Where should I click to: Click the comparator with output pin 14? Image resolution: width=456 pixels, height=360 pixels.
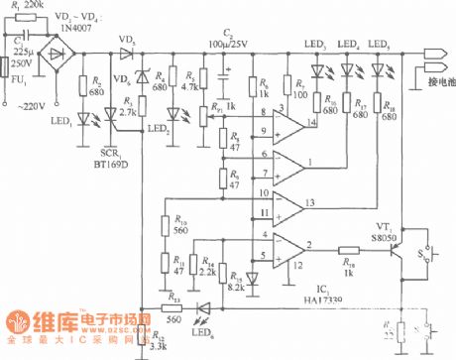[287, 121]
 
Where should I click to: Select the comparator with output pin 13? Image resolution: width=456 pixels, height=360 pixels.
[287, 203]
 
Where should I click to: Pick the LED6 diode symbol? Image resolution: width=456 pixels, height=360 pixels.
[205, 308]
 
